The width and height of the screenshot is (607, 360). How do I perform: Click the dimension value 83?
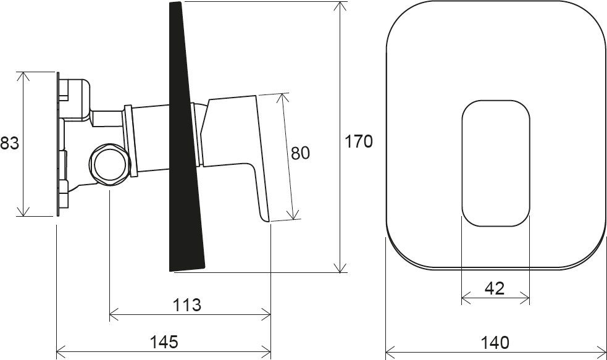(x=9, y=144)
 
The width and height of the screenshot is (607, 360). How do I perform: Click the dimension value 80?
(x=300, y=153)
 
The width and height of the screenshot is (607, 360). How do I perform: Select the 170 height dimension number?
(x=359, y=141)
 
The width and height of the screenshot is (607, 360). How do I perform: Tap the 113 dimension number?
(x=187, y=304)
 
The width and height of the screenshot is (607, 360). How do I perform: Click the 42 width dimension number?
(x=495, y=288)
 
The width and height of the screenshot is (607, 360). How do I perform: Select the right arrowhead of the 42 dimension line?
(x=526, y=299)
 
